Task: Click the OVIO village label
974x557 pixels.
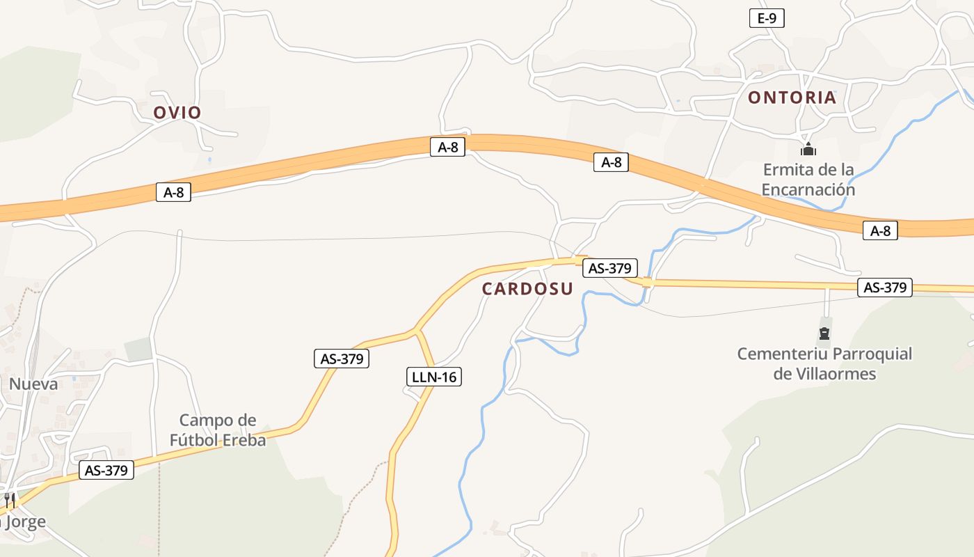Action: [177, 113]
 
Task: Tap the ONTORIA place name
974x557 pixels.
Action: [792, 97]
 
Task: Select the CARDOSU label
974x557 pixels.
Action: [527, 289]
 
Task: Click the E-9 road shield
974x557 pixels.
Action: [767, 19]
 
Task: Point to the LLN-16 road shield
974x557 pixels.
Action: [434, 377]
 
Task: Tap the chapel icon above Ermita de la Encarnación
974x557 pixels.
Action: [808, 149]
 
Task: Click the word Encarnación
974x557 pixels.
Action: [808, 189]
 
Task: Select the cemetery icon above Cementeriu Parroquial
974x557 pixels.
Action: [824, 332]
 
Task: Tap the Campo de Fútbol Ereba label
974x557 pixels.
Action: [218, 430]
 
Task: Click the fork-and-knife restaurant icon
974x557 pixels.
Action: [10, 500]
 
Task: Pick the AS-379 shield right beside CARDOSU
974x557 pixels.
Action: [610, 268]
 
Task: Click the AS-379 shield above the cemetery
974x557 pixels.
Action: [884, 288]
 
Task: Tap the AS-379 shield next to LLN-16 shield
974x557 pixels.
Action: [341, 359]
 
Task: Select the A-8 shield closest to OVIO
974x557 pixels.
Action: [173, 193]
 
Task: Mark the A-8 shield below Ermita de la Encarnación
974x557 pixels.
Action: [880, 230]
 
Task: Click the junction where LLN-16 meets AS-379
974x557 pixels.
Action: [416, 329]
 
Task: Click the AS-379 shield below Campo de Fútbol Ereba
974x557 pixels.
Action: [106, 471]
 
